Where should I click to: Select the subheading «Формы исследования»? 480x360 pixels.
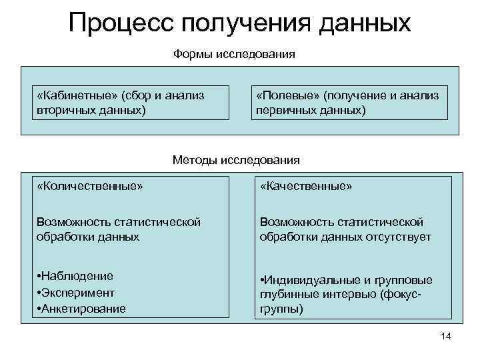point(234,53)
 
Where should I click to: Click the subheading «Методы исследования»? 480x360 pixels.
point(236,160)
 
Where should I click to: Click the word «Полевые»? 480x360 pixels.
point(287,96)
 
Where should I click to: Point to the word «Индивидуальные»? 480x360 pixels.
point(307,280)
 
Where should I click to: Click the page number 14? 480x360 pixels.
point(446,336)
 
